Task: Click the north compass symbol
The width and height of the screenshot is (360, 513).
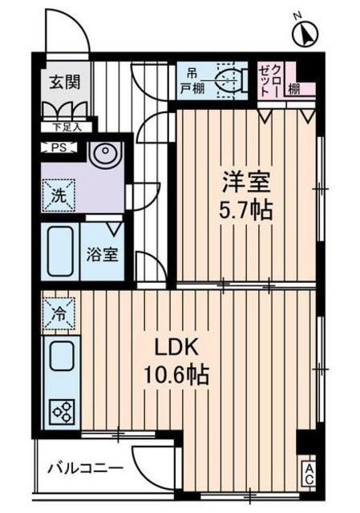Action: [305, 34]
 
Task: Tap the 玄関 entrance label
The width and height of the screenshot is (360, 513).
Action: [63, 82]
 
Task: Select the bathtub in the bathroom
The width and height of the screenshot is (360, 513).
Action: [60, 250]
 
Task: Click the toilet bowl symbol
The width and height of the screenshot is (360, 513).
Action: [233, 81]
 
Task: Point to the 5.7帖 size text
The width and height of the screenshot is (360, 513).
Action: [246, 211]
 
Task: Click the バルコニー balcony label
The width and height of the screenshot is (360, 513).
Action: [83, 467]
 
